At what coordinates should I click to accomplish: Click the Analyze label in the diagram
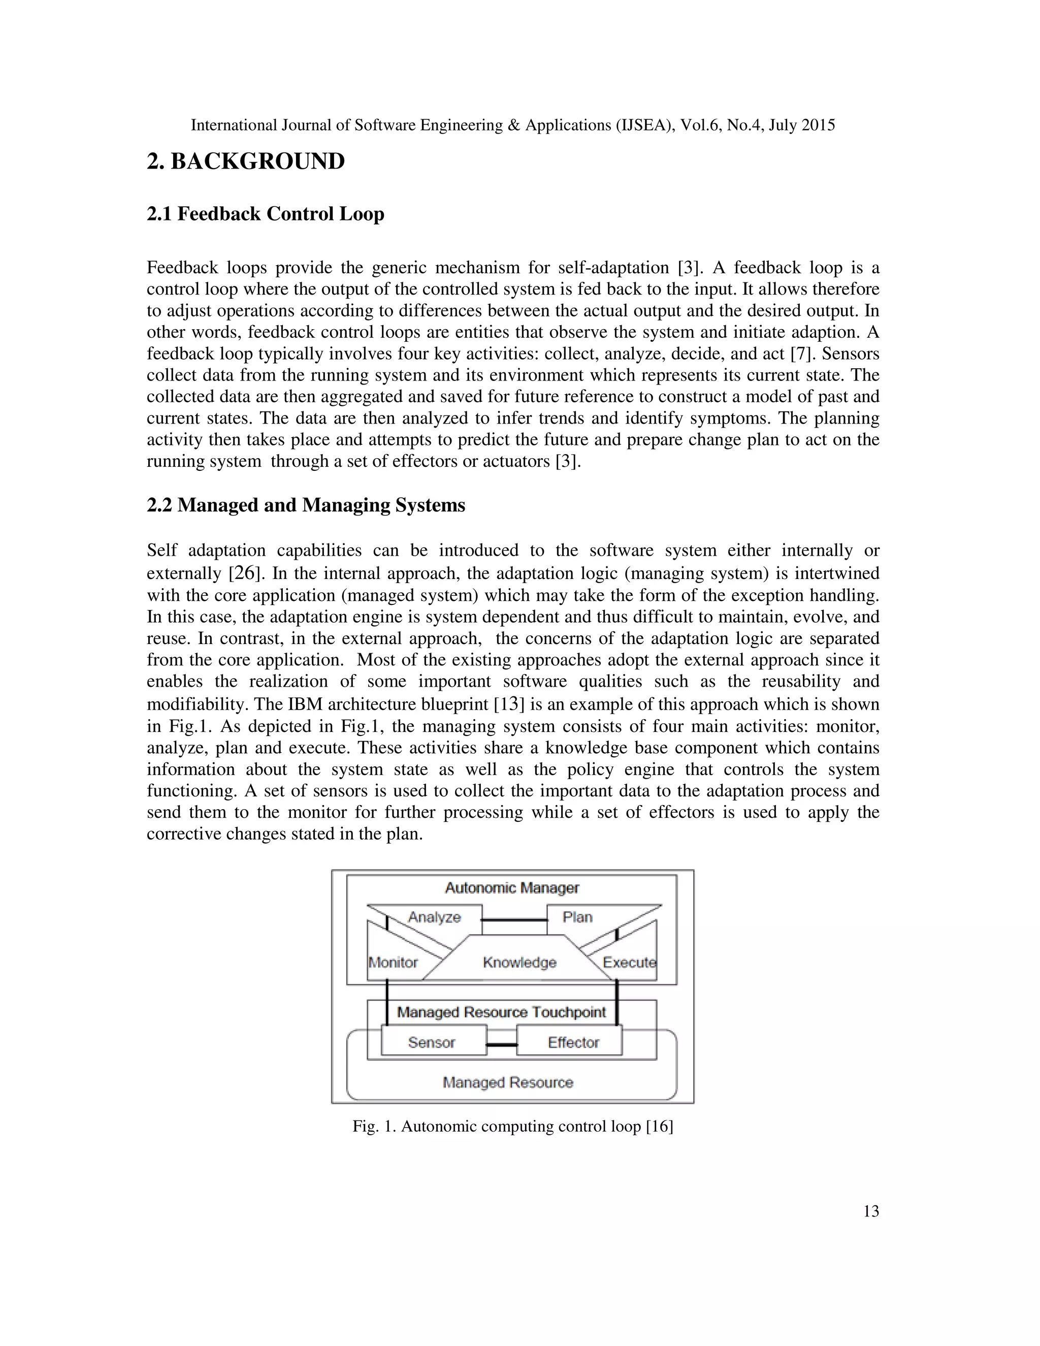coord(434,917)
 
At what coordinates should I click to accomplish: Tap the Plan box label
coord(577,917)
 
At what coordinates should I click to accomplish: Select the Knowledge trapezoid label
coord(519,962)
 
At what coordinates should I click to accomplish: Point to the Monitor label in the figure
coord(393,962)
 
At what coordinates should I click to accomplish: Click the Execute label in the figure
coord(629,962)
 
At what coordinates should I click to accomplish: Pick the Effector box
coord(572,1042)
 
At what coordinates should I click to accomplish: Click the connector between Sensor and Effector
coord(502,1045)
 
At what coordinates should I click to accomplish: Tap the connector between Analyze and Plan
coord(514,920)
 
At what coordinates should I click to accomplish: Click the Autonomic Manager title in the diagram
coord(512,887)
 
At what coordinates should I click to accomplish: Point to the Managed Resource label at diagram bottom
coord(508,1082)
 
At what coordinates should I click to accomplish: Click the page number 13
coord(870,1211)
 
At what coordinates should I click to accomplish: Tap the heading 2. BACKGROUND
coord(246,162)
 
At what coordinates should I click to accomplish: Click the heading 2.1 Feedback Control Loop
coord(266,214)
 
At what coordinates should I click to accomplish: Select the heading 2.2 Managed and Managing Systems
coord(306,505)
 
